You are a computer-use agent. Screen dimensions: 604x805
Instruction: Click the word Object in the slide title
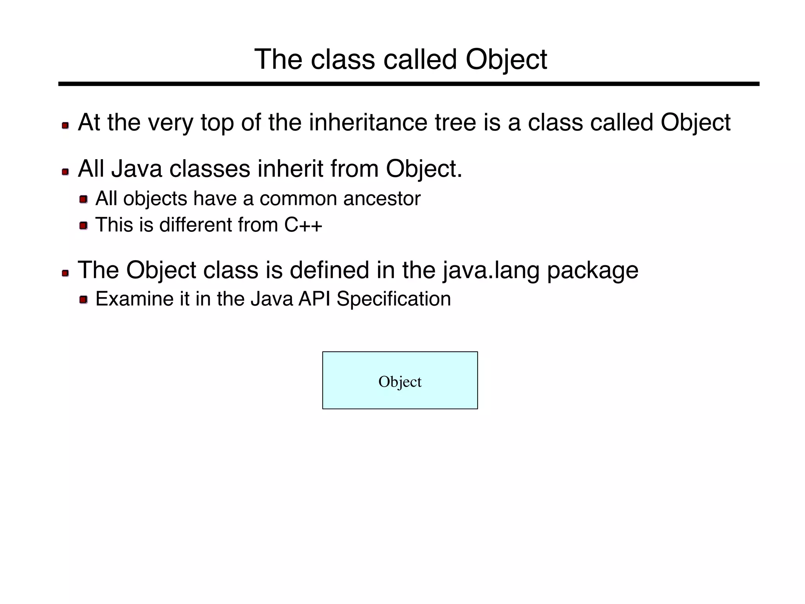coord(506,60)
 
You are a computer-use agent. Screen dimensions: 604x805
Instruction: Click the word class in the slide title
coord(342,60)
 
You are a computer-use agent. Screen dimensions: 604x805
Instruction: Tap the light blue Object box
coord(400,380)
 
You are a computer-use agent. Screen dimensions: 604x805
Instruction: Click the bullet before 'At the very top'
coord(65,126)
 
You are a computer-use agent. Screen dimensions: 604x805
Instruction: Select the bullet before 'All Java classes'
coord(65,172)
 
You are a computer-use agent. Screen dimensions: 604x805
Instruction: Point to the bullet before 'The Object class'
coord(65,273)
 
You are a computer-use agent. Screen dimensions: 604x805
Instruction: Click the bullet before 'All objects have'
coord(83,200)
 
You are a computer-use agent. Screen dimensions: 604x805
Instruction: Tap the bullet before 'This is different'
coord(83,226)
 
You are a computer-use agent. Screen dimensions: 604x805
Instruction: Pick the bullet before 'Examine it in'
coord(83,300)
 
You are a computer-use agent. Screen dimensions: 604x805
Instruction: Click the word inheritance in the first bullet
coord(368,123)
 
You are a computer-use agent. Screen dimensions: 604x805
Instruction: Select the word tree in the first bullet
coord(455,123)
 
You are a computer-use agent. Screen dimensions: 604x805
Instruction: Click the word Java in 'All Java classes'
coord(136,169)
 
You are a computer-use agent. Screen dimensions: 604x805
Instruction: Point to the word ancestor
coord(382,198)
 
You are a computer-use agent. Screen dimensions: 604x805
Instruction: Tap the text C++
coord(303,225)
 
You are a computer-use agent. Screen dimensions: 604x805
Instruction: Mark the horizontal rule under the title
coord(409,84)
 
